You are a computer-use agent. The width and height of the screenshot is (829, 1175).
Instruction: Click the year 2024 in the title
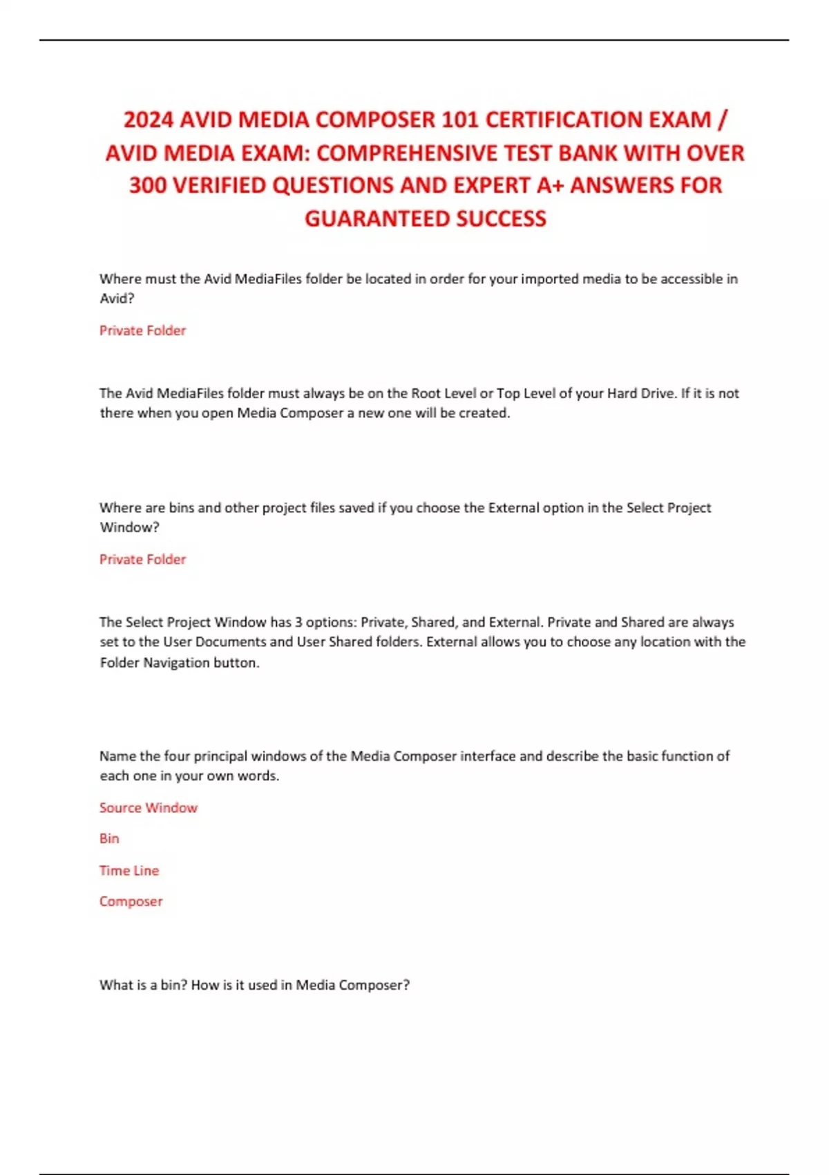pos(149,120)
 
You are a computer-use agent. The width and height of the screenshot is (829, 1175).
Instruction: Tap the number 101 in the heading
pos(459,120)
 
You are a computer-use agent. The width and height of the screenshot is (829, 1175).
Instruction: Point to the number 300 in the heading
pos(149,185)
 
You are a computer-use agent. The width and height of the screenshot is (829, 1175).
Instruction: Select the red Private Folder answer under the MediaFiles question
pos(142,330)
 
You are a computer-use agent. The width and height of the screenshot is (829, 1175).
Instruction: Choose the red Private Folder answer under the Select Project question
pos(142,559)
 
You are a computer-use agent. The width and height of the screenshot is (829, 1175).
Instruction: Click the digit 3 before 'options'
pos(298,622)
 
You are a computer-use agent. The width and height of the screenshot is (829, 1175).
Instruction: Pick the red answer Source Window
pos(148,807)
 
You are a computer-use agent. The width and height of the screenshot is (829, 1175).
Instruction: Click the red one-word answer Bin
pos(109,838)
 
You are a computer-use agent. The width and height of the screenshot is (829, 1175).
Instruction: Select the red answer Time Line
pos(129,870)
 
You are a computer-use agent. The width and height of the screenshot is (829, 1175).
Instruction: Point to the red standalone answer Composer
pos(131,901)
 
